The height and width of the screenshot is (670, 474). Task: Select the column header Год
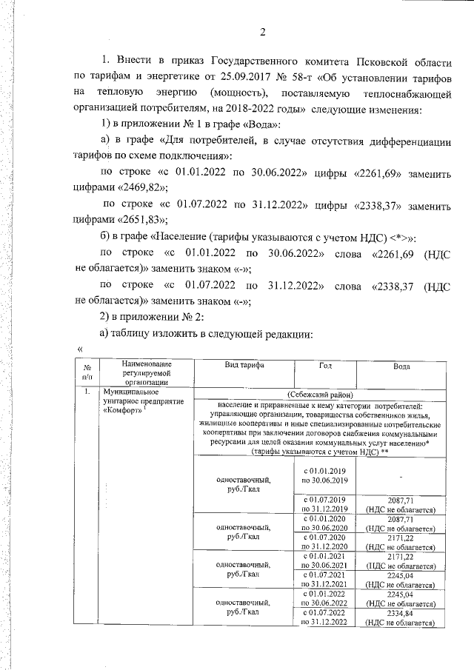point(325,366)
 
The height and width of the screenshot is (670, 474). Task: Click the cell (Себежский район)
point(326,395)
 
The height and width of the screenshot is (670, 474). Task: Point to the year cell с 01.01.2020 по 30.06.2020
point(327,523)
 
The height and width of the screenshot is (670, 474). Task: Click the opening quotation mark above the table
point(79,349)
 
